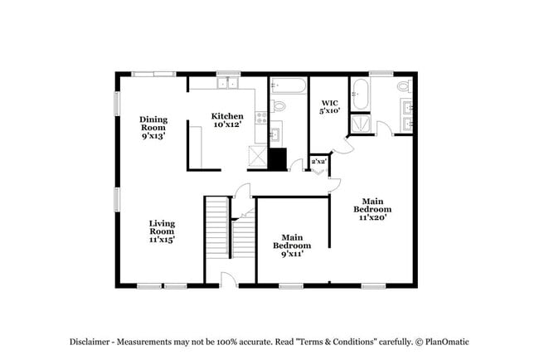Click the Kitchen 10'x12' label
click(227, 120)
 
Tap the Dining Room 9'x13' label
click(153, 128)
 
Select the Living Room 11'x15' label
click(162, 231)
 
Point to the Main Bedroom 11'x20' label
click(372, 209)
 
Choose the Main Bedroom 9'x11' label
click(292, 246)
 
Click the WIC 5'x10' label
click(330, 107)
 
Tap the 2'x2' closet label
click(318, 161)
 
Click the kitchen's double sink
click(227, 83)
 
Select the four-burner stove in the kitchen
click(261, 118)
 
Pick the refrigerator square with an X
click(258, 158)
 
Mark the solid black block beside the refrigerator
click(278, 159)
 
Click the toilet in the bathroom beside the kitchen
click(278, 106)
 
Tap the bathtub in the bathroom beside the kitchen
click(288, 85)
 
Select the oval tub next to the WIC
click(360, 95)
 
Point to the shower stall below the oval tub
click(360, 124)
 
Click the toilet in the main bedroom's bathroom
click(405, 85)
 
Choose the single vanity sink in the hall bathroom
click(275, 133)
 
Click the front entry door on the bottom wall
click(229, 280)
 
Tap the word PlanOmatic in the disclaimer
click(447, 342)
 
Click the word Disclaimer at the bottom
click(90, 342)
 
